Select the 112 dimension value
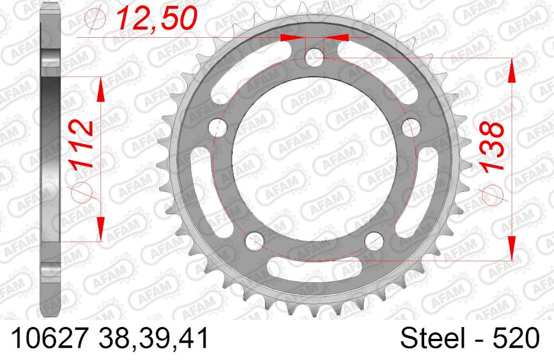(82, 145)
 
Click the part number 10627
(49, 338)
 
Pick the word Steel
(432, 338)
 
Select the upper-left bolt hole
(218, 128)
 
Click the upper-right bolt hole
(411, 128)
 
